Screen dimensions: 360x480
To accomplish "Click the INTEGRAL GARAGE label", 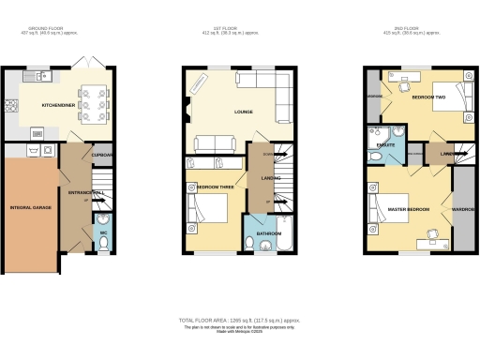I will pos(29,205).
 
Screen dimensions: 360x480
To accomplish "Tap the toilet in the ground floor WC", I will pos(104,239).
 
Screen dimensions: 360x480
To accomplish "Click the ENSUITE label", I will pos(385,144).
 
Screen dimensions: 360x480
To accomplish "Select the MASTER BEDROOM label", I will pos(409,209).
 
